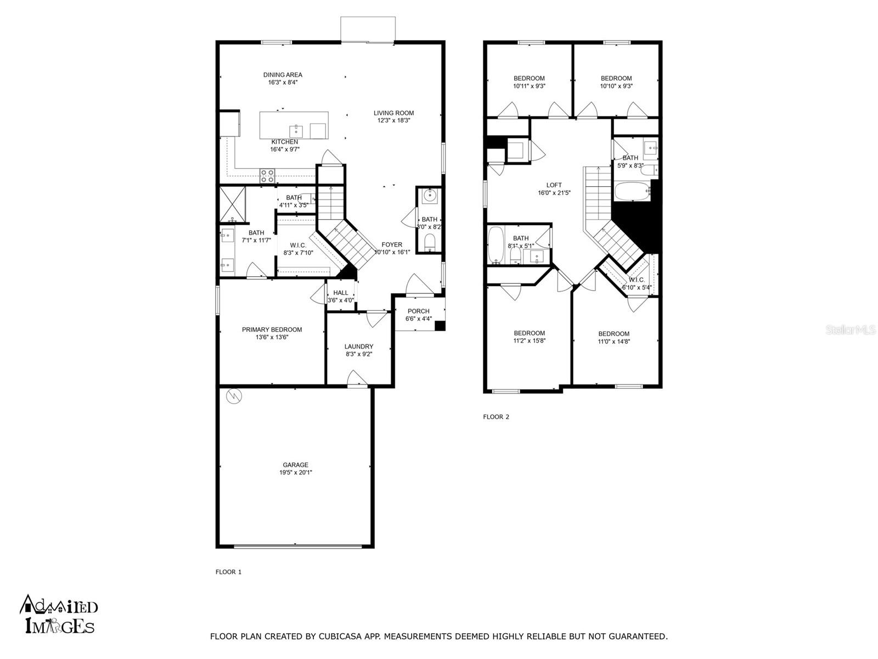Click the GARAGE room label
(x=295, y=465)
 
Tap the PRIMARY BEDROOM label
(x=272, y=329)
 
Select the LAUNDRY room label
(x=359, y=346)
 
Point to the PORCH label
(x=418, y=311)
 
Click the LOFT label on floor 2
(x=554, y=185)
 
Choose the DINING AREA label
(x=283, y=75)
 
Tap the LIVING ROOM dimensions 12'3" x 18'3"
(x=393, y=120)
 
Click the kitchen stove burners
(x=268, y=176)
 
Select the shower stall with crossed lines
(x=233, y=204)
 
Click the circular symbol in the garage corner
(x=234, y=396)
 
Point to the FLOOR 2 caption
(x=496, y=416)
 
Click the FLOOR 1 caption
(x=228, y=572)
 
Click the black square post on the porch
(x=440, y=326)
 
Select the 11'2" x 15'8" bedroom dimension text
(x=529, y=340)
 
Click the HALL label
(x=340, y=293)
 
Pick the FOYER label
(x=392, y=244)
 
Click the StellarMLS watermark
(x=851, y=329)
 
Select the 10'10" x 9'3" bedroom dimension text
(x=616, y=86)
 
